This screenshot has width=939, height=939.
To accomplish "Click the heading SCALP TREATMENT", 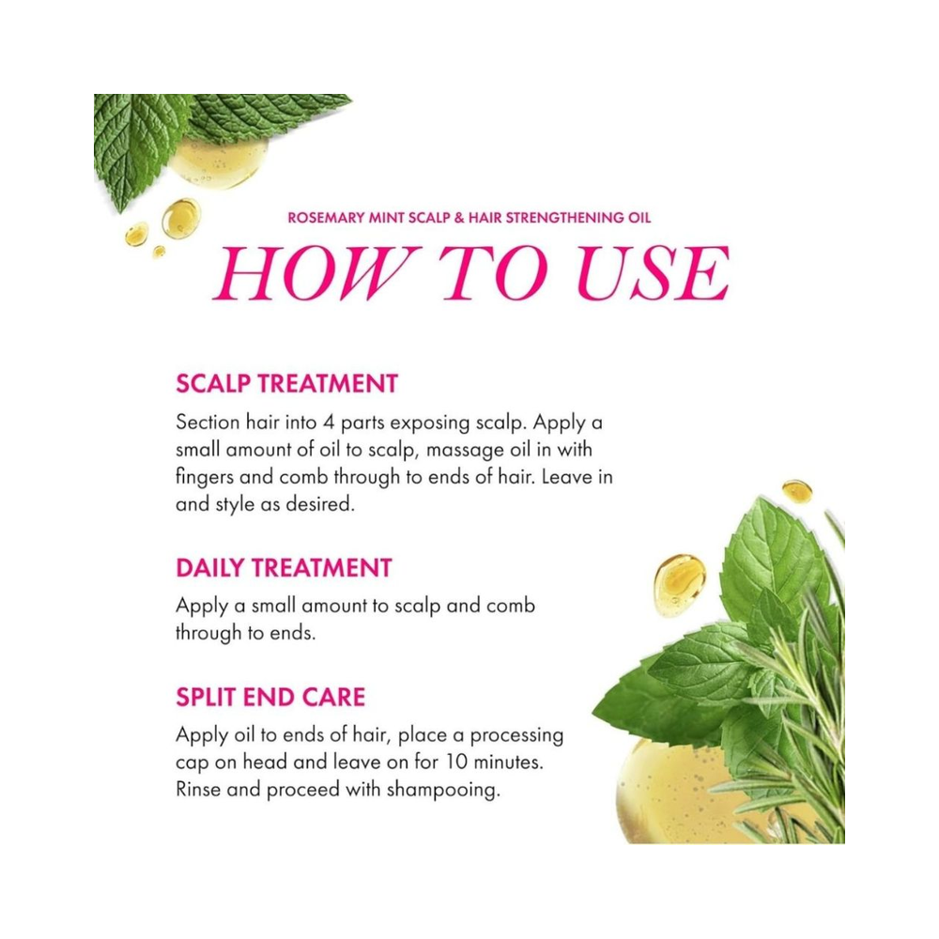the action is point(286,383).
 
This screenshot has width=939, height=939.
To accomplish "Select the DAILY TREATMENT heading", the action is point(284,568).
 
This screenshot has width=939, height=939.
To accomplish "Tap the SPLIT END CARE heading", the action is point(270,697).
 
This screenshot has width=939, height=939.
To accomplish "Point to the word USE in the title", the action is point(654,273).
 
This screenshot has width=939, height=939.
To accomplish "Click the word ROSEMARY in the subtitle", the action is point(327,218).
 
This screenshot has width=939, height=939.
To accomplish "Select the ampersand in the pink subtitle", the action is point(459,218).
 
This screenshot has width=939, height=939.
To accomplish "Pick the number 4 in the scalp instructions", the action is point(329,423).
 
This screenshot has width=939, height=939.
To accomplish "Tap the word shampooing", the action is point(443,791).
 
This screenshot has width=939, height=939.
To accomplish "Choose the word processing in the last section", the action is point(516,736).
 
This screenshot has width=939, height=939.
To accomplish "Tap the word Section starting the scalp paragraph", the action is point(208,423).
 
